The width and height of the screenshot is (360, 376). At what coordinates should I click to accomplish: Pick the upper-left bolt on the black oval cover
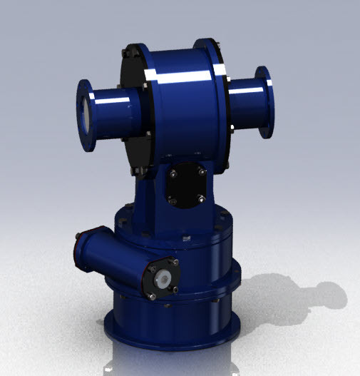[172, 170]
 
